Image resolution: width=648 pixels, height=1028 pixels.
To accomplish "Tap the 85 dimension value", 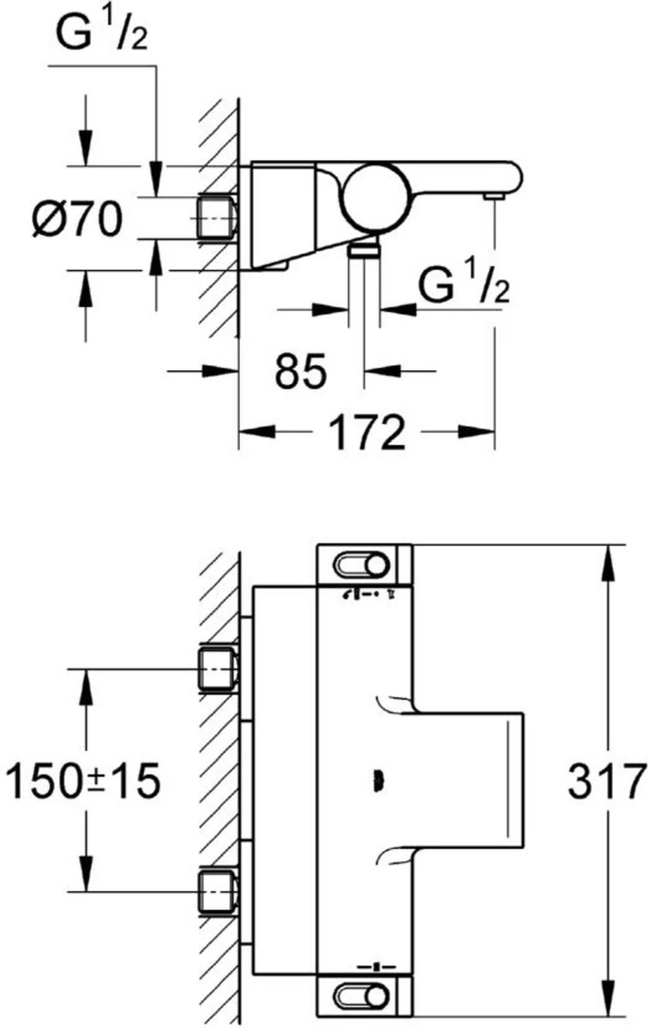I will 301,371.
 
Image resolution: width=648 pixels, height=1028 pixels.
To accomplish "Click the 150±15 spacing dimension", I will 83,781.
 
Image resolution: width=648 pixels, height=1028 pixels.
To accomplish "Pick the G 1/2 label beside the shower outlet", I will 463,283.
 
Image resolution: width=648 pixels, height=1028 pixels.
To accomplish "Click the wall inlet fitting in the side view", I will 218,218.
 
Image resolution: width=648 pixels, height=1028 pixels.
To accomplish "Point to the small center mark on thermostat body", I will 375,780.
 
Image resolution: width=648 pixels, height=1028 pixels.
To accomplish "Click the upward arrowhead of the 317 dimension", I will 608,557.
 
